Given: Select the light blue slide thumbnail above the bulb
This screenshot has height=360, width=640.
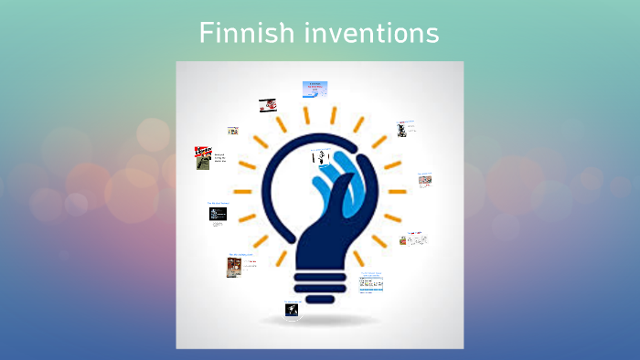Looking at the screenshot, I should click(x=315, y=89).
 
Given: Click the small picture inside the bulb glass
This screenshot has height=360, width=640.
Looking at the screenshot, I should click(x=319, y=157).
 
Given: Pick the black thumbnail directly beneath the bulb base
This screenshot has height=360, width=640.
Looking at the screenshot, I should click(x=292, y=311).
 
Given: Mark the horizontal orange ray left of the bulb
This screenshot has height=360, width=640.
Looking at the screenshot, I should click(x=242, y=191).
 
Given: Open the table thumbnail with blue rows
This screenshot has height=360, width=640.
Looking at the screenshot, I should click(x=371, y=284).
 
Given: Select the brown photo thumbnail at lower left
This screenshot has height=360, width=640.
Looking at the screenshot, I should click(x=234, y=267).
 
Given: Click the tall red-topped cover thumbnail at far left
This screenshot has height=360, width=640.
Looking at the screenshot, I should click(x=202, y=158).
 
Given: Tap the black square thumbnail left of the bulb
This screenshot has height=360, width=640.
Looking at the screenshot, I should click(x=218, y=215).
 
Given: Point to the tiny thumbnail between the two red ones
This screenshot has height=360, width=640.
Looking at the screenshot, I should click(x=233, y=131).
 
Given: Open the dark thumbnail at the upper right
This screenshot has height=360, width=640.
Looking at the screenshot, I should click(x=401, y=130).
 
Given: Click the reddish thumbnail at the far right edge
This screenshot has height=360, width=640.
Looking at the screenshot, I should click(x=424, y=180).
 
